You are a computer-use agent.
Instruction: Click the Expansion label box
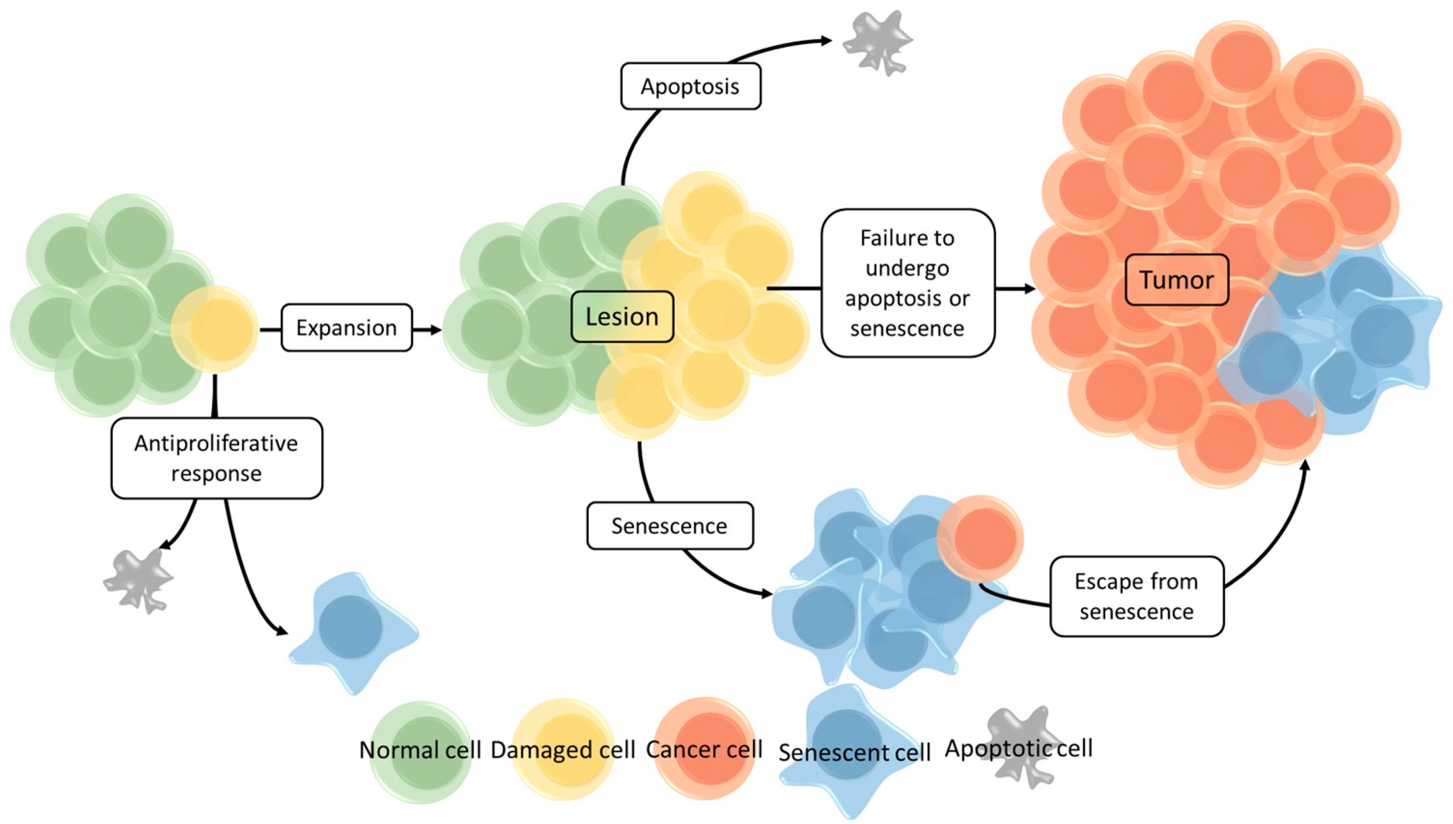346,328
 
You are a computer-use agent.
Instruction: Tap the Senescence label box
669,526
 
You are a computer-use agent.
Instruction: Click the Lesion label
622,317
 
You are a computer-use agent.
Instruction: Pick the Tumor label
1176,280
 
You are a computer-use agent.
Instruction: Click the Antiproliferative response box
216,458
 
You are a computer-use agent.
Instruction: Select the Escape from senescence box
1136,596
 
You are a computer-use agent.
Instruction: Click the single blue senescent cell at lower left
351,628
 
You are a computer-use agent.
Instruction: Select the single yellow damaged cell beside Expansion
215,330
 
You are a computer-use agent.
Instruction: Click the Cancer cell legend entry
704,750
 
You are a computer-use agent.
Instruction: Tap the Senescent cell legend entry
854,751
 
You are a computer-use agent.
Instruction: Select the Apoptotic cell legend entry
1018,748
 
